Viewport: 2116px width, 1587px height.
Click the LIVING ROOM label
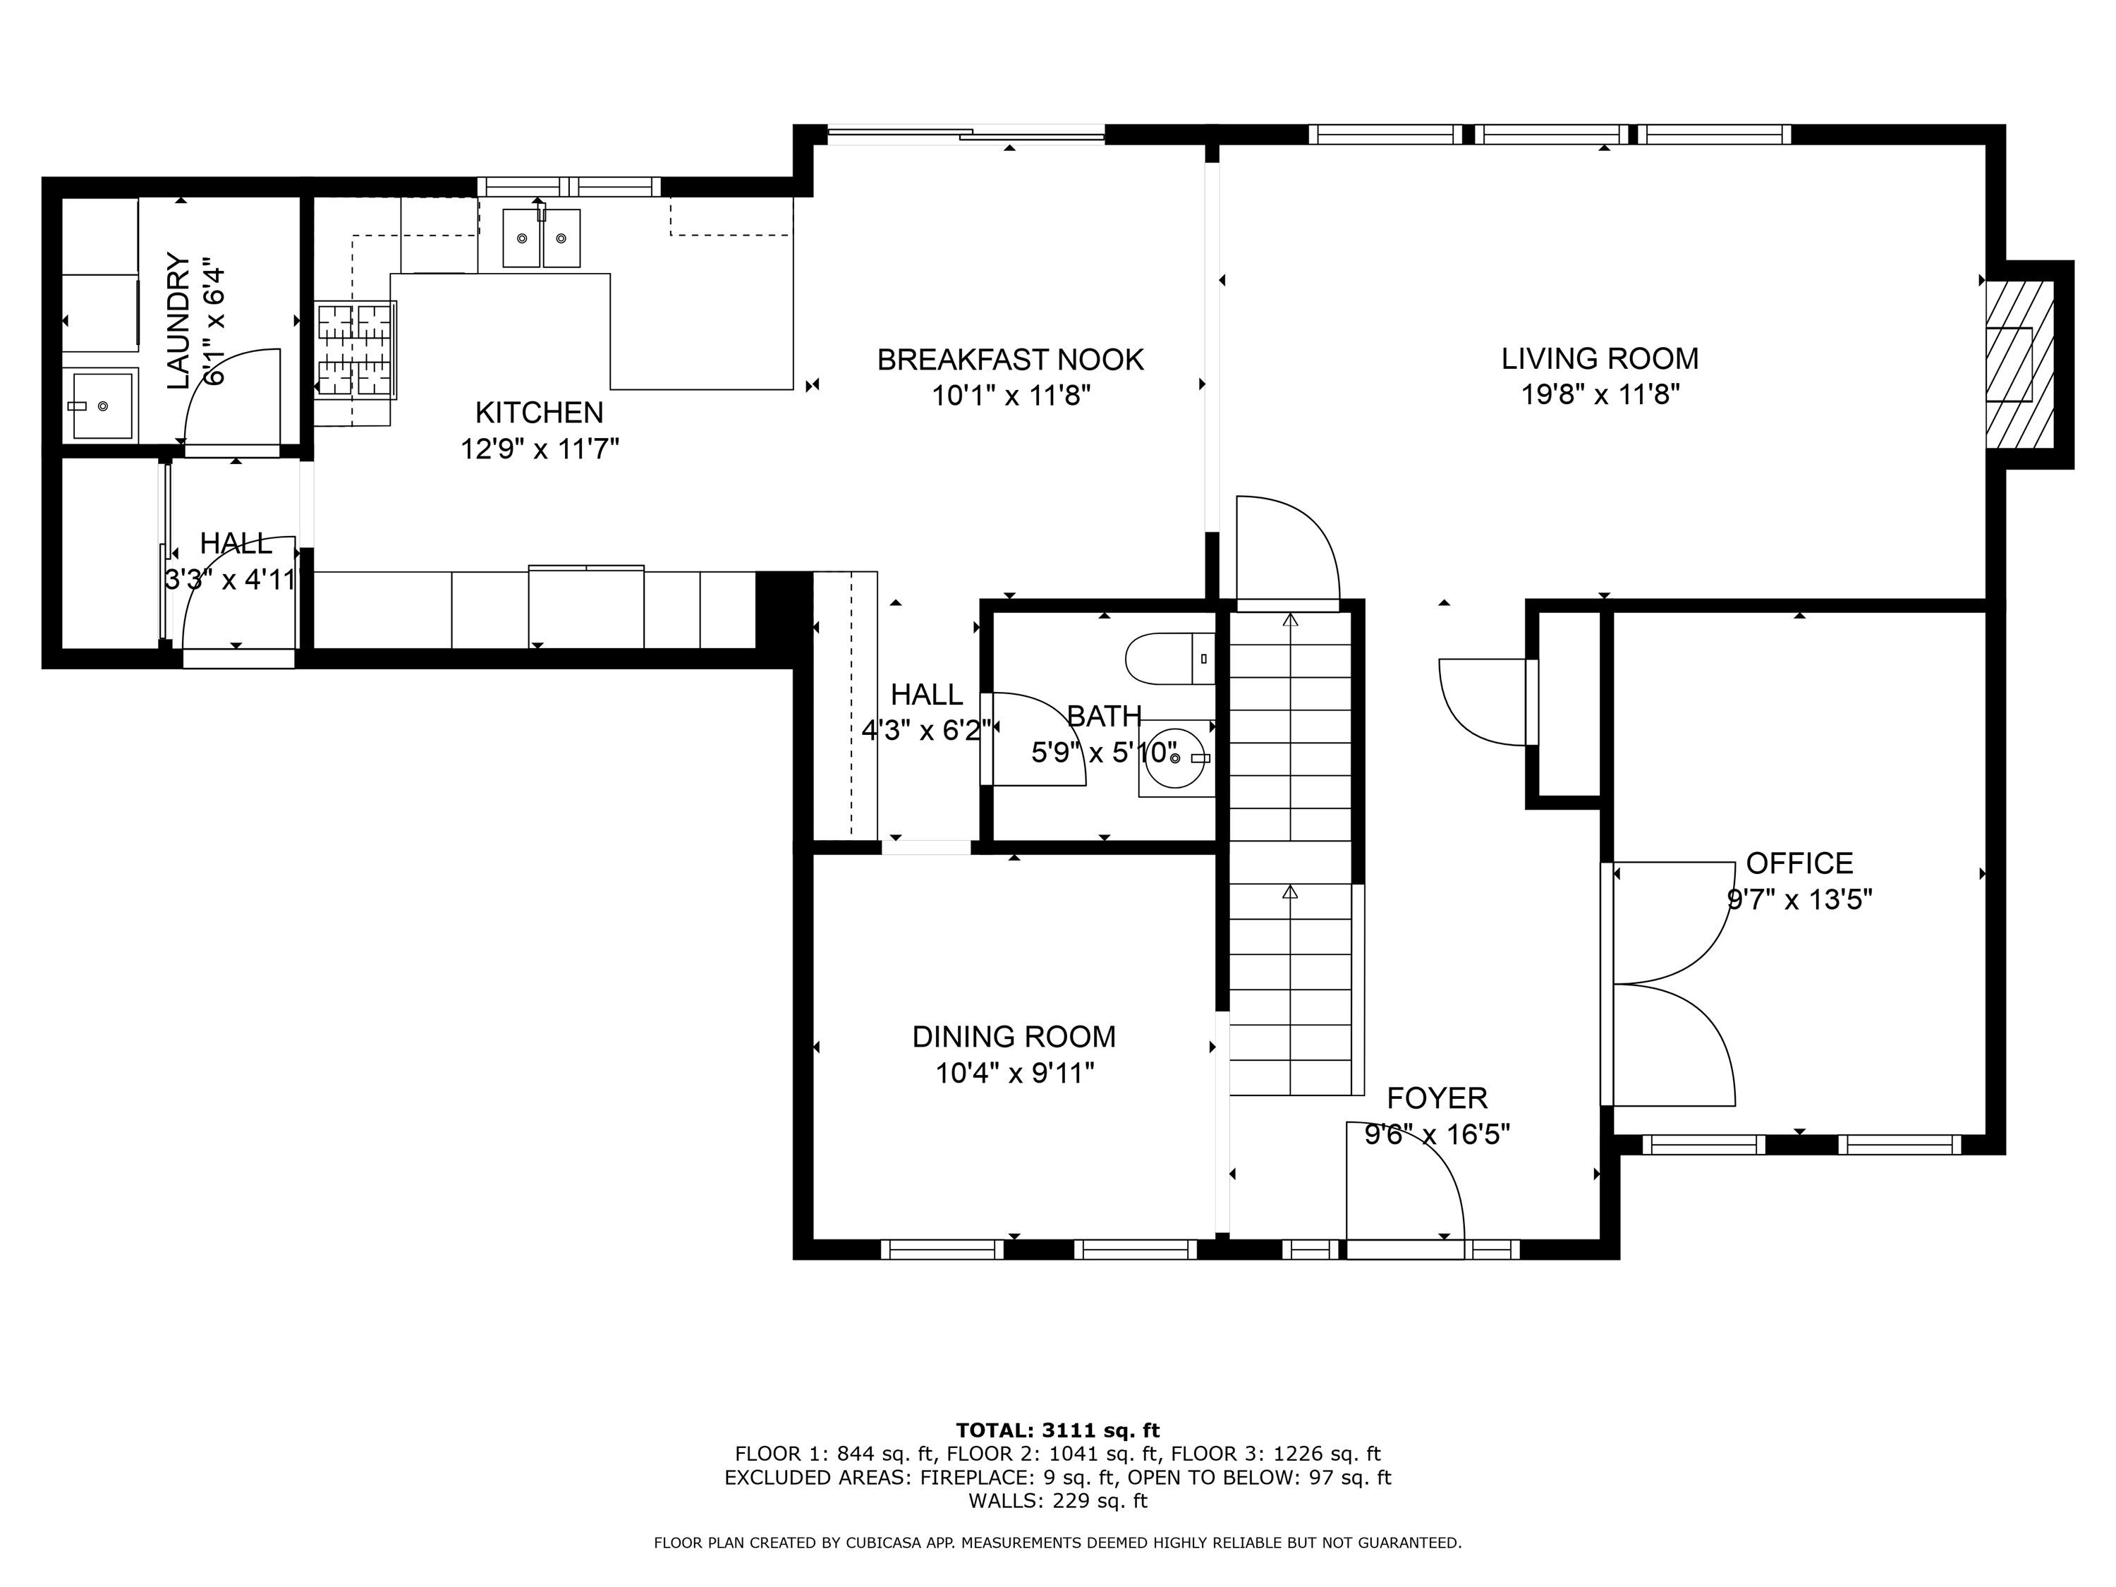point(1600,359)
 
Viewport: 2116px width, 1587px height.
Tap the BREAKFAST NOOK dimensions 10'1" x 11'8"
point(1011,395)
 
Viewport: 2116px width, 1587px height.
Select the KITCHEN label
point(540,413)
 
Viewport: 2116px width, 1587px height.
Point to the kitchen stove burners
point(356,350)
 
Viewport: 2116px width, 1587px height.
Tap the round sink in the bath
point(1174,758)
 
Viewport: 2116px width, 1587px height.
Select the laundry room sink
point(102,406)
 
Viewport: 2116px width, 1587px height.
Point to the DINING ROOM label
point(1014,1036)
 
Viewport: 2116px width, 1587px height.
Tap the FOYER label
point(1437,1097)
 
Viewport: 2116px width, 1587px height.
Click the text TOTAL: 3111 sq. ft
point(1057,1431)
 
